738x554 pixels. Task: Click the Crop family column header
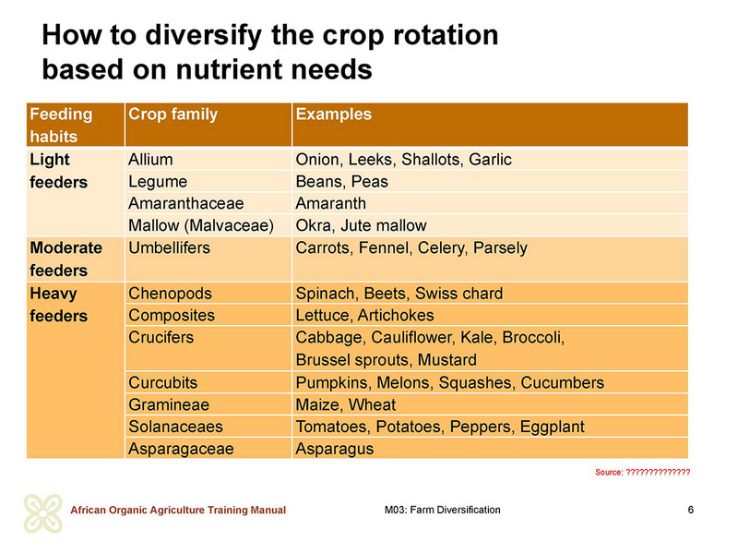coord(173,114)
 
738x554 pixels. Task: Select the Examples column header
coord(333,114)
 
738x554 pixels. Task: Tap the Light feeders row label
coord(58,171)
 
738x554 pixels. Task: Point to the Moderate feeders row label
coord(65,259)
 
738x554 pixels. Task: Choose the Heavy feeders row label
coord(58,305)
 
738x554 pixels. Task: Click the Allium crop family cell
coord(150,159)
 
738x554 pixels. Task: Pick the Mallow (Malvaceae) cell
coord(201,225)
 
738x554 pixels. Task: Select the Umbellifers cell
coord(169,247)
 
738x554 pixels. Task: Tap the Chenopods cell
coord(170,294)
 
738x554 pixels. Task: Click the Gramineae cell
coord(169,404)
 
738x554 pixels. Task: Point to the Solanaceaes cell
coord(175,427)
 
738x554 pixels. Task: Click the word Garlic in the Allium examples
coord(490,159)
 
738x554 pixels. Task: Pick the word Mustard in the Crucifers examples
coord(447,360)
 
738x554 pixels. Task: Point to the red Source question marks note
coord(642,472)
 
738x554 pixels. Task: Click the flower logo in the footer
coord(42,513)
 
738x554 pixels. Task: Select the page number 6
coord(690,510)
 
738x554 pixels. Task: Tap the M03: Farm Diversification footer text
coord(443,510)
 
